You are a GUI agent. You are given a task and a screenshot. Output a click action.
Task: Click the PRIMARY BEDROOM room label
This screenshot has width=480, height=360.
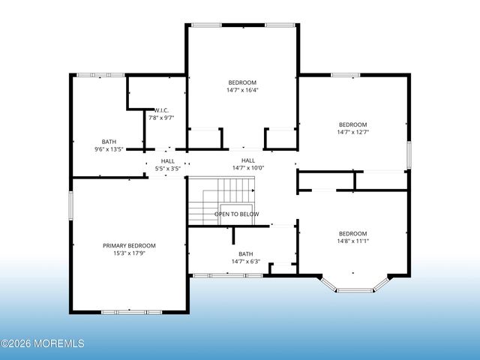coord(129,246)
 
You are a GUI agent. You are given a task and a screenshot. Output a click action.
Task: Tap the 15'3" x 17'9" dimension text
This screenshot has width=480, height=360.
coord(129,253)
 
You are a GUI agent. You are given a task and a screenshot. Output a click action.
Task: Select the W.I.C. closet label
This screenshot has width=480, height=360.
coord(161,110)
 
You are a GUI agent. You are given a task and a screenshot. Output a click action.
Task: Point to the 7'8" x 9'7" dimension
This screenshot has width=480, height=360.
coord(161,118)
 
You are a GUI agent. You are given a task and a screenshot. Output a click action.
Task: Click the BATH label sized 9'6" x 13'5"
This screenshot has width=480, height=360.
coord(109,142)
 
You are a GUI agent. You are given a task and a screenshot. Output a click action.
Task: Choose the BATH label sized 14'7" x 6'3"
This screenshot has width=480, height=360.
coord(245,253)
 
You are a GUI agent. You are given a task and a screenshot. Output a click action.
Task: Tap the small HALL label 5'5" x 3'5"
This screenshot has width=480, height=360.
coord(167,160)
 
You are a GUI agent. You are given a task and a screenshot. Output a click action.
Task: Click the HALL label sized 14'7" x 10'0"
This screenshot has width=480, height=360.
coord(247,160)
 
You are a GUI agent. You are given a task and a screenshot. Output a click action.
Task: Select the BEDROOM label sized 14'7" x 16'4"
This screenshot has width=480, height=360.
coord(242,82)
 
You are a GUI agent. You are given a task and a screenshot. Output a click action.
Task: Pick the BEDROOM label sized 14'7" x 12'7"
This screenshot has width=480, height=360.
coord(352,124)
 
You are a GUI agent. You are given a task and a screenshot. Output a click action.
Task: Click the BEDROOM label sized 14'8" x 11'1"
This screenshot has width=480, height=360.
coord(352,233)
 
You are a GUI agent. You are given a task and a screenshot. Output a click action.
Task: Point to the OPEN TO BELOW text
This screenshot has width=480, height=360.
coord(237,214)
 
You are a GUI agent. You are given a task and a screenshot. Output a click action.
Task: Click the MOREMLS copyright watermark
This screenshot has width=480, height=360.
coord(43,344)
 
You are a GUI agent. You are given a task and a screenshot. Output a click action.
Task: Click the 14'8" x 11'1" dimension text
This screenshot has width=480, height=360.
coord(352,241)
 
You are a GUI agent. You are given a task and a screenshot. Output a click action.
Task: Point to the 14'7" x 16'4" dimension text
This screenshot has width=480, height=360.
coord(242,90)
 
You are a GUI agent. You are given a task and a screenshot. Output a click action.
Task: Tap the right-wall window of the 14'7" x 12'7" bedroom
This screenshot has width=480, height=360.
coord(409,154)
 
